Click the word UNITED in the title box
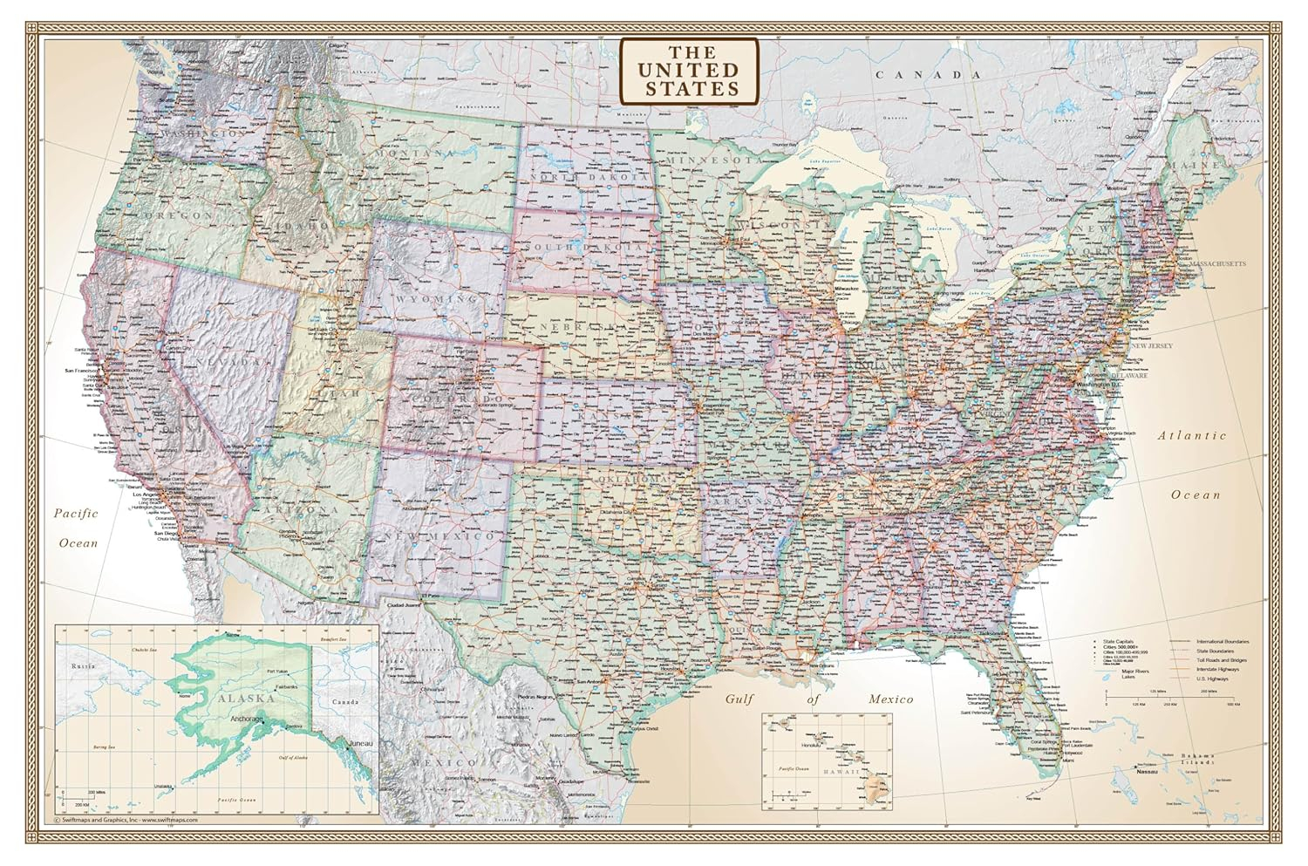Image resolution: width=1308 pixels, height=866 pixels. click(x=689, y=70)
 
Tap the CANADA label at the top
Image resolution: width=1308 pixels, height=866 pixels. click(x=930, y=75)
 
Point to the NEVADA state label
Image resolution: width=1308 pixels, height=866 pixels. click(x=228, y=361)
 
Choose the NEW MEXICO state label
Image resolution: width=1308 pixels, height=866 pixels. click(x=444, y=535)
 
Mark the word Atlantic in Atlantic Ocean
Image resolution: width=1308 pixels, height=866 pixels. click(x=1191, y=435)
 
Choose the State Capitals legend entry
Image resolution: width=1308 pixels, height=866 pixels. click(x=1120, y=643)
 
